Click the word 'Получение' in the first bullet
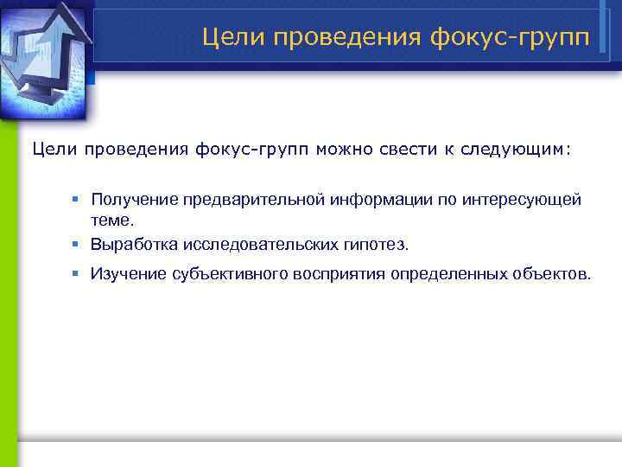coord(133,200)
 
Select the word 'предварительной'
coord(251,200)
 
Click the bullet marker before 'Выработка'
coord(75,244)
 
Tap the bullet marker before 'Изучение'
coord(75,274)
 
